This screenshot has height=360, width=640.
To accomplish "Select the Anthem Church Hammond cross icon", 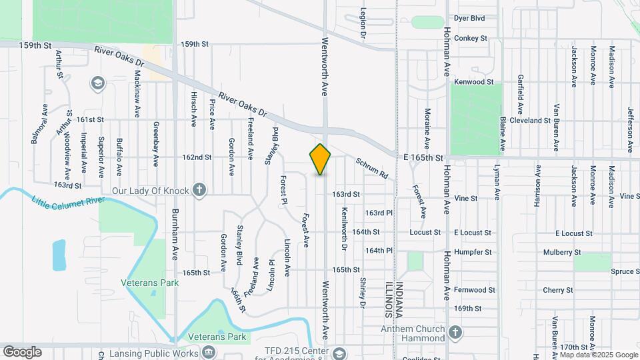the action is point(455,333).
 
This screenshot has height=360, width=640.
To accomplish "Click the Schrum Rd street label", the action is point(371,168).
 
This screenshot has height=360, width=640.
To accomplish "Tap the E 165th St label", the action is point(423,157).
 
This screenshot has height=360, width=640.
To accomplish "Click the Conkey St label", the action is point(470,39).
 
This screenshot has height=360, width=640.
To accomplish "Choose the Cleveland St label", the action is point(529,121).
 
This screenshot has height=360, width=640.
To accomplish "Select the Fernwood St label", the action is point(474,290).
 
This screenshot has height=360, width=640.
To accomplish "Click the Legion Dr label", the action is point(364,22).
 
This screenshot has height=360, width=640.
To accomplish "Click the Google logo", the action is point(22,351).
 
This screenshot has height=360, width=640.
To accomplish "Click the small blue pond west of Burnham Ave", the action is point(59,255).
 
